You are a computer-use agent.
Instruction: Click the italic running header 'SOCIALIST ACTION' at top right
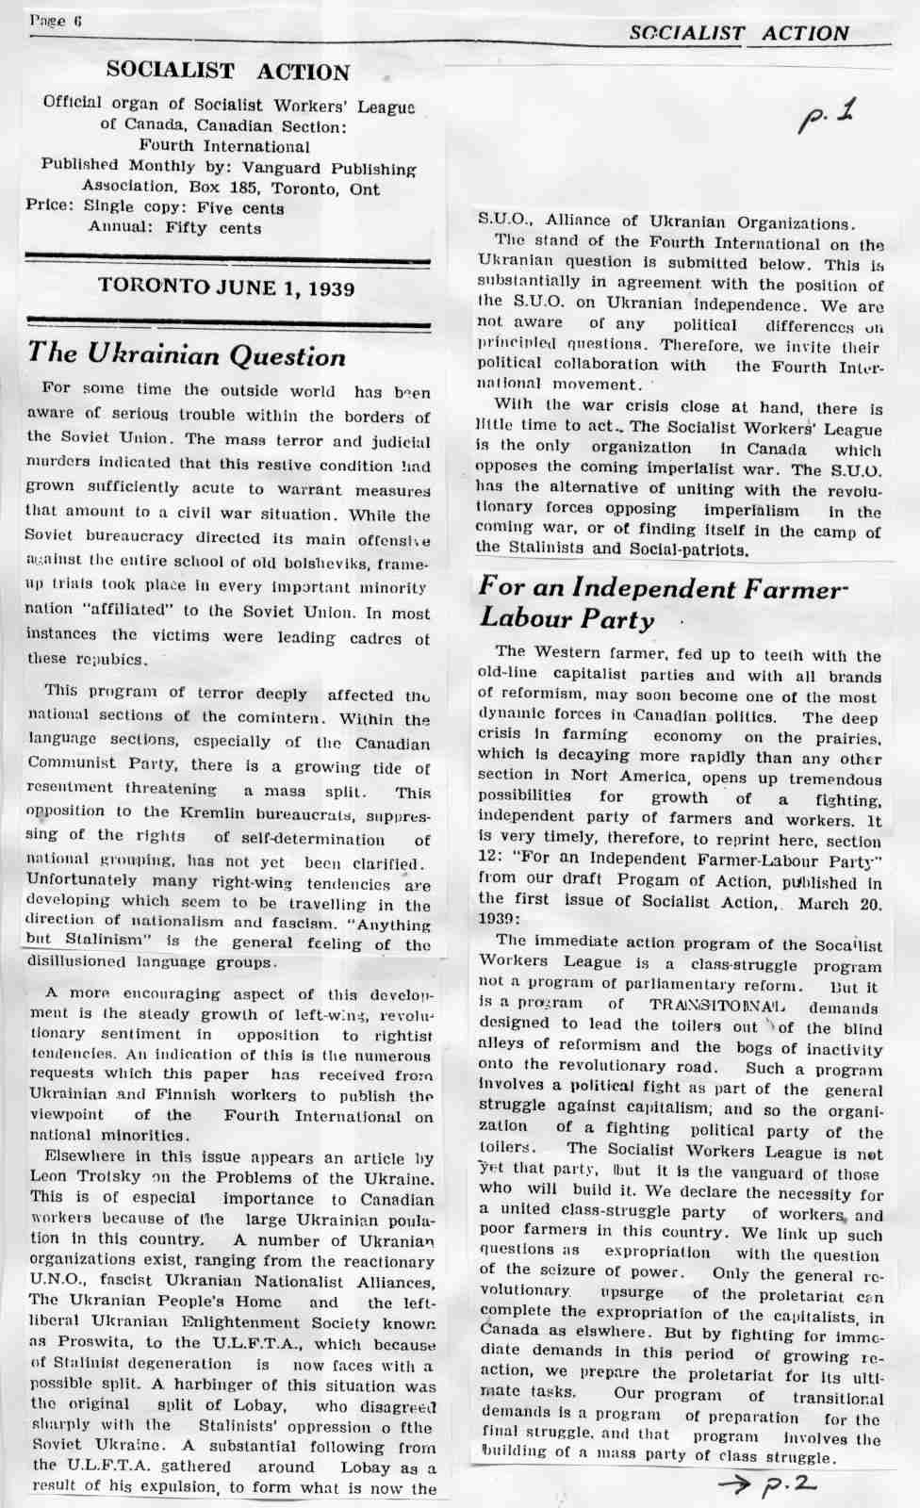[739, 33]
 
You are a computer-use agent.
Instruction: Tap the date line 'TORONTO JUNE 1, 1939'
[227, 288]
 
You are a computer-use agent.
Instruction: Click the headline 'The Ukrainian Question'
[187, 355]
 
